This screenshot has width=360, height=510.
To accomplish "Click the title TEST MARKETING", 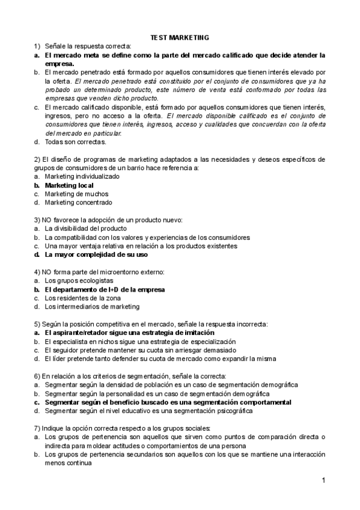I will point(180,37).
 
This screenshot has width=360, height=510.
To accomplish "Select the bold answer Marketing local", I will point(69,185).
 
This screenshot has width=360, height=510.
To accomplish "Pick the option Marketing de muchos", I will point(76,194).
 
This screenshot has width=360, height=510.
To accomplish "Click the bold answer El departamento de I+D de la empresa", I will point(105,289).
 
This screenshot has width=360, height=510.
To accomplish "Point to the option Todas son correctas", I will point(75,142).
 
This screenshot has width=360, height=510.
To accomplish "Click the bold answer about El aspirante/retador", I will point(129,333).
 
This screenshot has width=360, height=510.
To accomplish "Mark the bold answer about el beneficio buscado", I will point(168,402).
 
